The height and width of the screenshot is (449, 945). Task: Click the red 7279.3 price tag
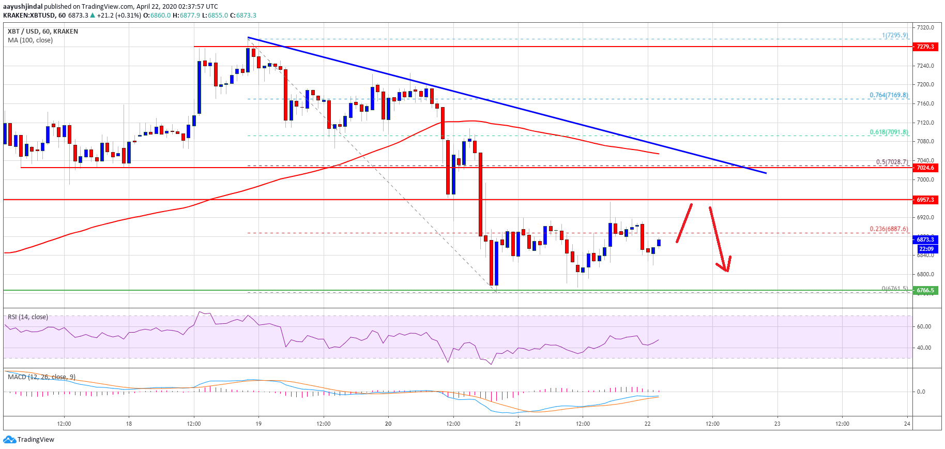click(925, 47)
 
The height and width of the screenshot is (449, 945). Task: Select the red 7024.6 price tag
click(925, 168)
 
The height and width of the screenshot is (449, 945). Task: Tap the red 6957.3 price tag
click(925, 200)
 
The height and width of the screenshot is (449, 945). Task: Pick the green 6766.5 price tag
click(925, 290)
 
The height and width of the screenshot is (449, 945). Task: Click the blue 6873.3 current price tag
click(925, 240)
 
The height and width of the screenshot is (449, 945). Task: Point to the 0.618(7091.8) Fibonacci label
click(888, 132)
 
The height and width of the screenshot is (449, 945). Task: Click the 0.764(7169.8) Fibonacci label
click(888, 95)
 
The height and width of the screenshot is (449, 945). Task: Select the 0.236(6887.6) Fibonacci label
click(888, 229)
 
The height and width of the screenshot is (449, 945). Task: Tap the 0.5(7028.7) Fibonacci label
click(891, 162)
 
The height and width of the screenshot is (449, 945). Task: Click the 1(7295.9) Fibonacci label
click(894, 35)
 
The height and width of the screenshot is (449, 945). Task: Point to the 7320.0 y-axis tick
click(925, 27)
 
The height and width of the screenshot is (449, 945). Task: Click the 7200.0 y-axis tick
click(925, 84)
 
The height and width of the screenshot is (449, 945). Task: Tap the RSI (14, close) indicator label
click(28, 317)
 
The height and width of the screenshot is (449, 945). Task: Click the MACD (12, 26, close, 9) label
click(41, 377)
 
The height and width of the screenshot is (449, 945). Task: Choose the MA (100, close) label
click(30, 40)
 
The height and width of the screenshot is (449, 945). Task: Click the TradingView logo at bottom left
click(28, 440)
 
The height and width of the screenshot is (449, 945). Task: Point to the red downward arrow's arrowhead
click(726, 270)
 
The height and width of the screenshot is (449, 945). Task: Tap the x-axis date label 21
click(517, 424)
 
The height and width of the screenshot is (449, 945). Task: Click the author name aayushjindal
click(23, 7)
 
